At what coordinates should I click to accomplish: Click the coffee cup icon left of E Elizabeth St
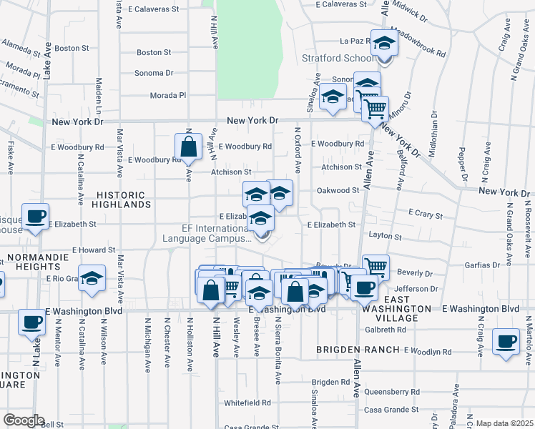34,215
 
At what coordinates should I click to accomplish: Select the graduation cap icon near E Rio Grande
92,278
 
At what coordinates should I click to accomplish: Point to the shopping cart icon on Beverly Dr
376,267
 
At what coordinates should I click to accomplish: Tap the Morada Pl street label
167,95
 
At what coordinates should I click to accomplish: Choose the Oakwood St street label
338,190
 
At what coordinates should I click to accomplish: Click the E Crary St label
426,214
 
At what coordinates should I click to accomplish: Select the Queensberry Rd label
392,392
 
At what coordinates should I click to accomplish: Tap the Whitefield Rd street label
247,403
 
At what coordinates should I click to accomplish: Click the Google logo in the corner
24,420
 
